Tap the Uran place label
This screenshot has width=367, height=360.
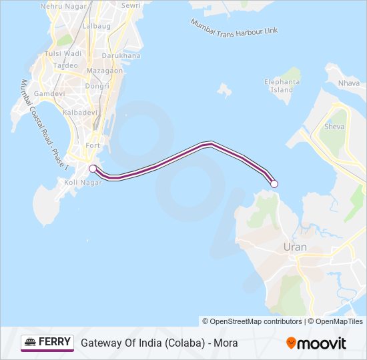[296, 247]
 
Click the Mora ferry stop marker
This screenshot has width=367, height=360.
[274, 184]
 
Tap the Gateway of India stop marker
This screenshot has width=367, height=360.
[93, 169]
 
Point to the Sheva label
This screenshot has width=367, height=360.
[334, 126]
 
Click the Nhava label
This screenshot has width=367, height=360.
[348, 83]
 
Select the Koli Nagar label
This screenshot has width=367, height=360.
[83, 181]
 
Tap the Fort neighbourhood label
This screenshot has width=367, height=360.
[92, 145]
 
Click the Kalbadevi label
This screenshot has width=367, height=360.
[81, 113]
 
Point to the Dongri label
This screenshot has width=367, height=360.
[97, 85]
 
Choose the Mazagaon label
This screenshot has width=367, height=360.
[105, 70]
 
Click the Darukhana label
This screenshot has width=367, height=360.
[121, 55]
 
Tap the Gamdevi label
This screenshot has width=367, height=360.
[49, 94]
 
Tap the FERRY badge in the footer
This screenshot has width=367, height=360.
[47, 343]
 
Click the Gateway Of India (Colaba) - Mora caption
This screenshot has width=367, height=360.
[159, 343]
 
